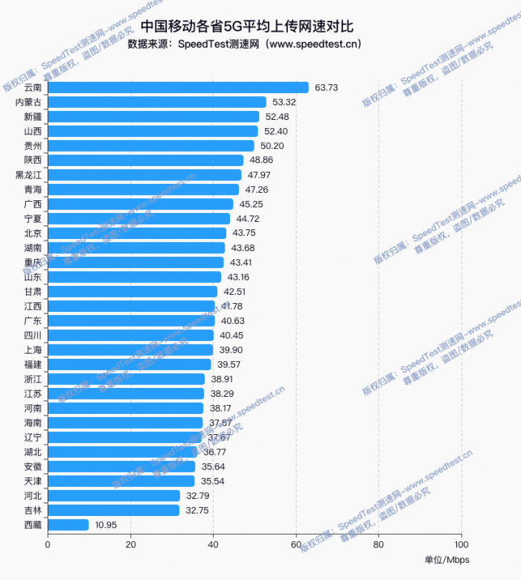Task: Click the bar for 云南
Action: pyautogui.click(x=179, y=87)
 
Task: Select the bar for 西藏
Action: pyautogui.click(x=68, y=525)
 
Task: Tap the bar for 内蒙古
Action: pyautogui.click(x=157, y=102)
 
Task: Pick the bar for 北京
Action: pyautogui.click(x=137, y=233)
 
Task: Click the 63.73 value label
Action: pyautogui.click(x=326, y=87)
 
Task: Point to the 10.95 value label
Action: pyautogui.click(x=107, y=525)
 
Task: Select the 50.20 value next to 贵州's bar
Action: pyautogui.click(x=272, y=146)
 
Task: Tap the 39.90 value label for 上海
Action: pyautogui.click(x=230, y=350)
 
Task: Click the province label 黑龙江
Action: pyautogui.click(x=29, y=175)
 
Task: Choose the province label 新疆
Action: pyautogui.click(x=33, y=117)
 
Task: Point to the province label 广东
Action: pyautogui.click(x=33, y=321)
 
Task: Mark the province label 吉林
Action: pyautogui.click(x=33, y=510)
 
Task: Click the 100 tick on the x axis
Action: pyautogui.click(x=461, y=544)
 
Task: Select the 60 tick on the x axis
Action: pyautogui.click(x=296, y=544)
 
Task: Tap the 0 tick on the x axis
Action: pyautogui.click(x=48, y=544)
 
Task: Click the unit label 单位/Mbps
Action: pyautogui.click(x=447, y=560)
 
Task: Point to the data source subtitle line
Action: pyautogui.click(x=245, y=44)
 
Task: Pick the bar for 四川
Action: pyautogui.click(x=131, y=335)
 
